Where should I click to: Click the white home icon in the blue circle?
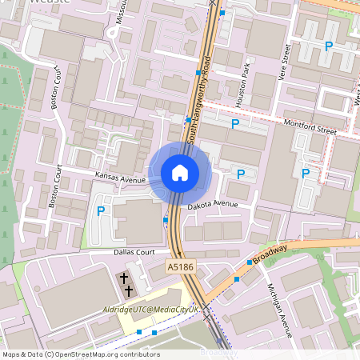tap(180, 172)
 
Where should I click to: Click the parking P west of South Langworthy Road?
tap(101, 211)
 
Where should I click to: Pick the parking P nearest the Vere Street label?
tap(328, 47)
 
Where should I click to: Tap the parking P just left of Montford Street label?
tap(235, 124)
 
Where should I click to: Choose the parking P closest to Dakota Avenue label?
tap(241, 173)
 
